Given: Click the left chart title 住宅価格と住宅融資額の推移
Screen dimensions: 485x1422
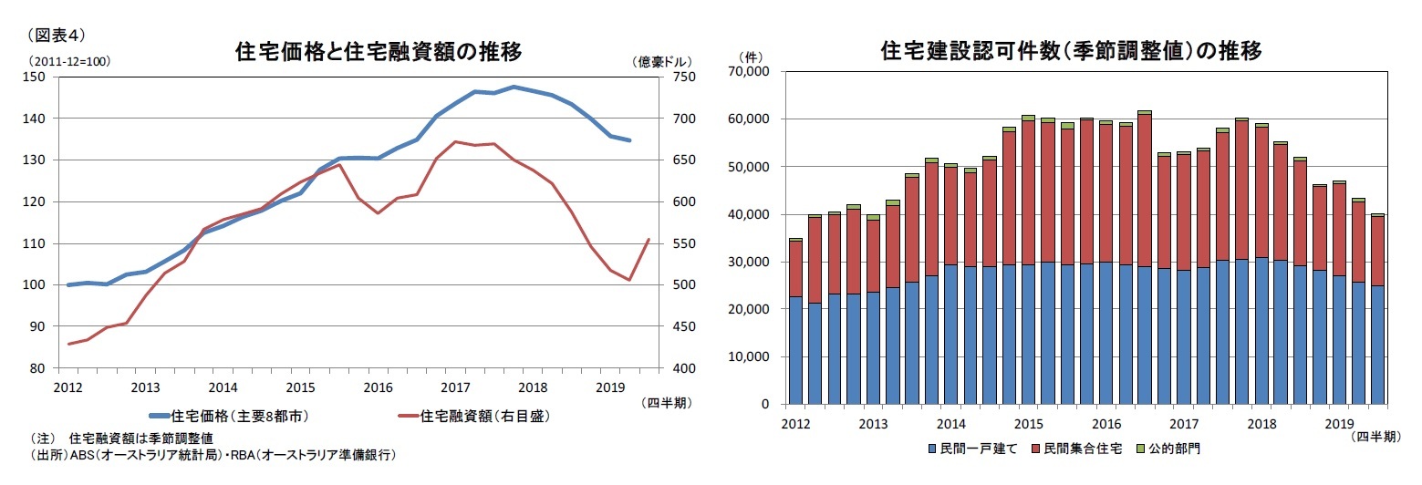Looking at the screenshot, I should coord(379,52).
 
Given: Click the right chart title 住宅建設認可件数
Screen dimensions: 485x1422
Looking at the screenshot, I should coord(1071,51).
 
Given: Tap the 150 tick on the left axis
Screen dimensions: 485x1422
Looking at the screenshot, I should coord(37,77).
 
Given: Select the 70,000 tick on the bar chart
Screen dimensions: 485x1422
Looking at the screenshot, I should coord(751,71).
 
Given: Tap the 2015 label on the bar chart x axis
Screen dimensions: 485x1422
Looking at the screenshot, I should coord(1029,424).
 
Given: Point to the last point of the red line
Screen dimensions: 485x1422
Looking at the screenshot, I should coord(649,240).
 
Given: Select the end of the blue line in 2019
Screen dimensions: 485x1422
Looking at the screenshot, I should coord(629,140).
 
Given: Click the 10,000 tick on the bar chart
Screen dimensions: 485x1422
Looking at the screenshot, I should coord(751,356).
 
